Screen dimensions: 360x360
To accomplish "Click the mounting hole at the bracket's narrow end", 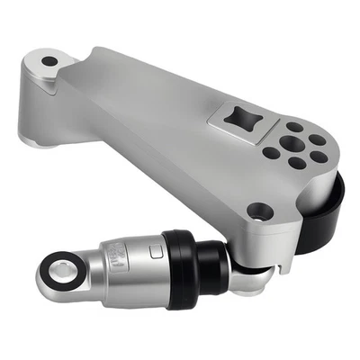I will coord(49,61).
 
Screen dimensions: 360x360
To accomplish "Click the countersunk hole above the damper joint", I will coord(260,211).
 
